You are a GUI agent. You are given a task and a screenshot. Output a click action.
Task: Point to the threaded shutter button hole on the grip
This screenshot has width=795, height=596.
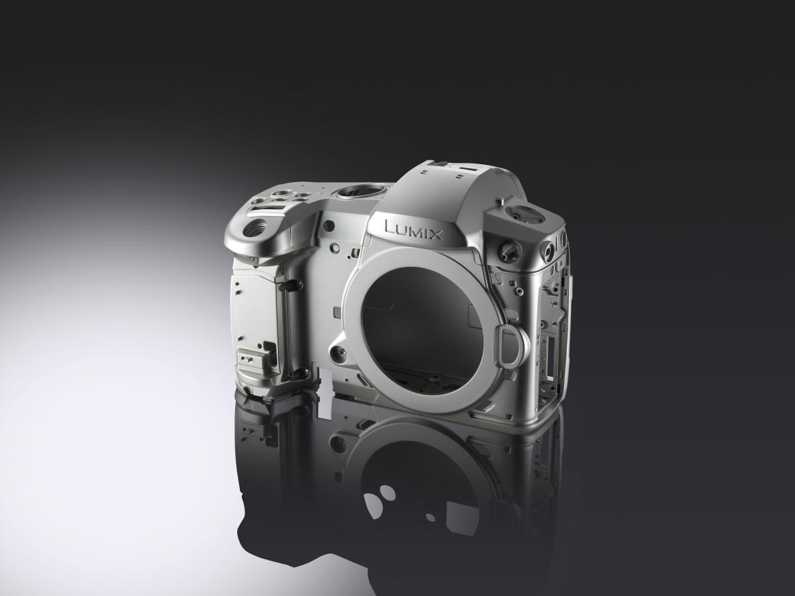255,229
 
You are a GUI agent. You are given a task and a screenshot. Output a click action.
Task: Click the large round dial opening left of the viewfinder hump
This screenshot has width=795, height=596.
358,191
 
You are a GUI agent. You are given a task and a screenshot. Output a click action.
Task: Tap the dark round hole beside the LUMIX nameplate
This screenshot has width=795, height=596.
329,225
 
